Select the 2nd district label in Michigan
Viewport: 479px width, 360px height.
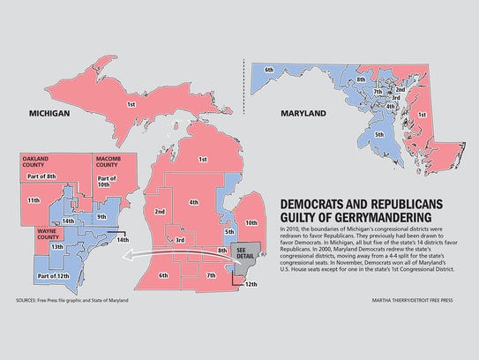pos(160,212)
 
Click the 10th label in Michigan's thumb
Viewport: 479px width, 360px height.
pos(250,223)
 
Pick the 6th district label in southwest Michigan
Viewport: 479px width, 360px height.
pos(164,275)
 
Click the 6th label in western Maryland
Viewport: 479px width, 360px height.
pos(268,68)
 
